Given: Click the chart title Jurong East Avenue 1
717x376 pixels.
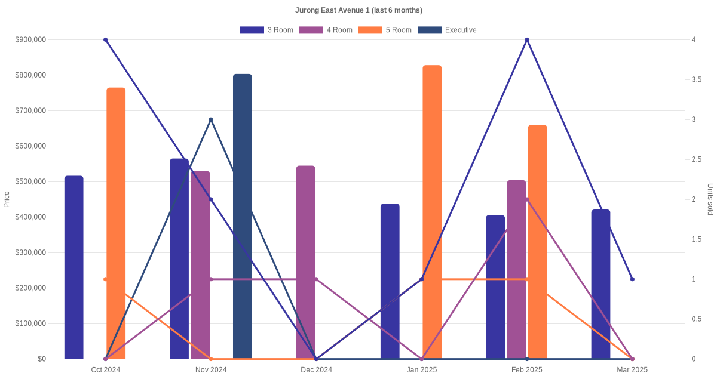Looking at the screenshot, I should (x=358, y=10).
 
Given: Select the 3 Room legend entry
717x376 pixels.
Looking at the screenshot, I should (x=266, y=30).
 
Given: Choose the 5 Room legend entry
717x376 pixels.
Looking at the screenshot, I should (x=385, y=30).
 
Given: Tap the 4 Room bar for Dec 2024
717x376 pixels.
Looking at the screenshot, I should (x=305, y=262).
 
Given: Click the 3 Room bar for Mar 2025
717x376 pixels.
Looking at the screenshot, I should (x=600, y=284).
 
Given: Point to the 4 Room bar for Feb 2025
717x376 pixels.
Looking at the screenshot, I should (x=516, y=269).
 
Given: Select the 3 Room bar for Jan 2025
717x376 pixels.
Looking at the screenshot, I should (x=390, y=281).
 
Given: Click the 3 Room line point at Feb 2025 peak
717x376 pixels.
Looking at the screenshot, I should (x=527, y=40).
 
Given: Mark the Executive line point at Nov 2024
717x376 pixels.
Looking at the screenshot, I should (x=211, y=119).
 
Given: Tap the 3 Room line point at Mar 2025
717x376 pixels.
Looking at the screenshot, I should (x=632, y=279).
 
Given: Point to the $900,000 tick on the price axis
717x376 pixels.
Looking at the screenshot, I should (x=30, y=40).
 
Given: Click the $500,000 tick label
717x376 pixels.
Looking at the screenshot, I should (x=30, y=181).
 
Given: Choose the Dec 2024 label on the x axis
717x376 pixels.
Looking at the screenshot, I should (x=316, y=370).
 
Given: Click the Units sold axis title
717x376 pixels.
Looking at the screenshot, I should (x=710, y=199).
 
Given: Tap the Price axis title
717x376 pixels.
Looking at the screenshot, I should (x=7, y=199).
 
